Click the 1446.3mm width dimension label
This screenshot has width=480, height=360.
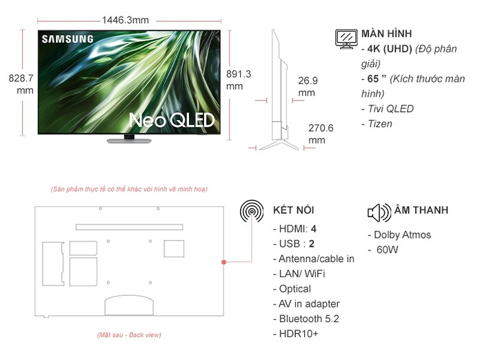125,20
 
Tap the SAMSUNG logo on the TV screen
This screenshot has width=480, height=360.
67,39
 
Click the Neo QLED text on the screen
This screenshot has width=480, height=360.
172,121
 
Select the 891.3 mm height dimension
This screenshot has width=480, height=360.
238,80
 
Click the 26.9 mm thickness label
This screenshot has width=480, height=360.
308,86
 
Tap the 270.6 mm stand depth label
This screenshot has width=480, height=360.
321,134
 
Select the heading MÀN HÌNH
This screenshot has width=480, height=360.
386,34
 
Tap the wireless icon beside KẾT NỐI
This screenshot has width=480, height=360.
251,210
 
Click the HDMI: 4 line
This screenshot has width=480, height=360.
297,228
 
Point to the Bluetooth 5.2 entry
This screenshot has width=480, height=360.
308,319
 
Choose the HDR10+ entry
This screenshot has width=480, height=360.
298,334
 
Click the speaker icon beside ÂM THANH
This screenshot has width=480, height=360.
379,211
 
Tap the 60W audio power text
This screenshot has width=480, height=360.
388,250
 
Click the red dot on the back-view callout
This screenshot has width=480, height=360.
224,263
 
